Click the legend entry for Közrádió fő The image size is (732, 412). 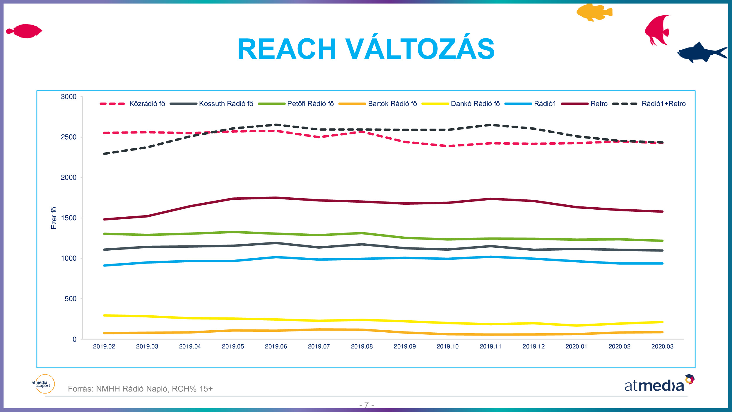point(147,104)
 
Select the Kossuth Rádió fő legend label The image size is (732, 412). point(226,104)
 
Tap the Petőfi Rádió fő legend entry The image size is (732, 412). point(310,104)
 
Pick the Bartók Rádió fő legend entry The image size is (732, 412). point(392,104)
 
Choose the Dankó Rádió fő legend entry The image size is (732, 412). point(475,104)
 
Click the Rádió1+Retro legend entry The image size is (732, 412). point(663,104)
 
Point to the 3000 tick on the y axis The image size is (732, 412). point(69,97)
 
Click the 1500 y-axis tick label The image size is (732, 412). point(69,218)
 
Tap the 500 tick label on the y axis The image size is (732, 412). point(70,299)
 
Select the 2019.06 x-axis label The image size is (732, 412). point(276,346)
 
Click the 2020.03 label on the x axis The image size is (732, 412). point(662,346)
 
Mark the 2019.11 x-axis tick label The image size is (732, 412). point(490,346)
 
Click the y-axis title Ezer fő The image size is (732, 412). point(54,218)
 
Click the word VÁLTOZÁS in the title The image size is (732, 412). point(420,49)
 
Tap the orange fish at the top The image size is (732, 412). point(594,13)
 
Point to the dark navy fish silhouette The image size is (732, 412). point(701,53)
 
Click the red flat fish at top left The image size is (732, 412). point(25,31)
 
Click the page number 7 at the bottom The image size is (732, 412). point(366,405)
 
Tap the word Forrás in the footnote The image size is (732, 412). point(80,389)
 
